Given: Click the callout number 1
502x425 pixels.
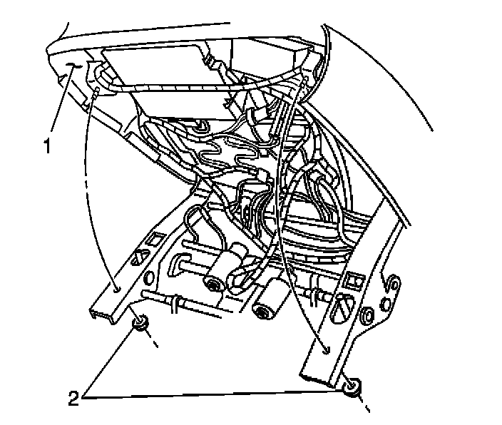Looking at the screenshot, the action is tap(47, 148).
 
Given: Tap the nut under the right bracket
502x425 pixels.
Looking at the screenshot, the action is tap(351, 387).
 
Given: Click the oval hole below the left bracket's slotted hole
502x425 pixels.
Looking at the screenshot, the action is tap(150, 275).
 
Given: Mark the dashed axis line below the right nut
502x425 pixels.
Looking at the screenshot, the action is tap(364, 407).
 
